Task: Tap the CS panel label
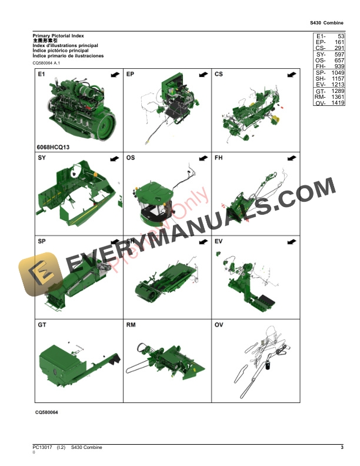coord(219,75)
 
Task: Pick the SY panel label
coord(42,158)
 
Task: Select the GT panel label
coord(42,324)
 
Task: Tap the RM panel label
coord(131,324)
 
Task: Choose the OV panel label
coord(219,324)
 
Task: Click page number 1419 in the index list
coord(337,103)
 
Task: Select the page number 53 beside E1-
coord(341,36)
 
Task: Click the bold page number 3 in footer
coord(342,448)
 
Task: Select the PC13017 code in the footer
coord(44,448)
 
